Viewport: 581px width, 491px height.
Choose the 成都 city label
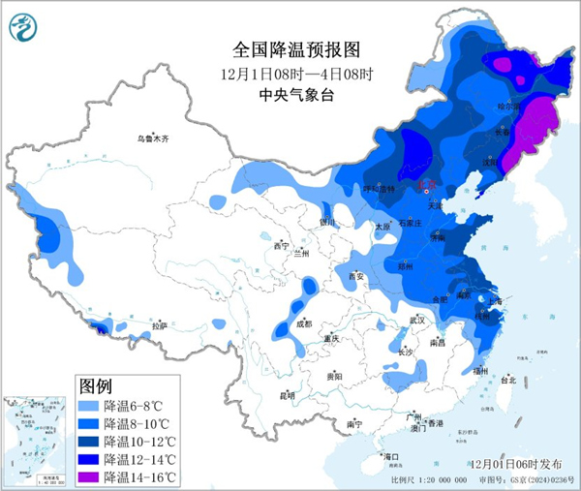coord(303,325)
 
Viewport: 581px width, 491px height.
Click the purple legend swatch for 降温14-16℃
coord(88,476)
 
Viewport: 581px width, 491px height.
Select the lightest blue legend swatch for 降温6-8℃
coord(88,406)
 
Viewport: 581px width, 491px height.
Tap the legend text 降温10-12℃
coord(142,441)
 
